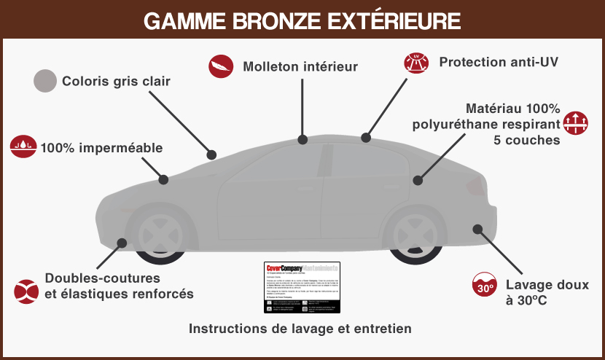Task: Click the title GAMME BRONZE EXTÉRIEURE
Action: tap(302, 20)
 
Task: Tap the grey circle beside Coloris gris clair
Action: tap(45, 81)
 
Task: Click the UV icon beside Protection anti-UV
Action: tap(417, 63)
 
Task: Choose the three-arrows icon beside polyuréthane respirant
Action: tap(576, 121)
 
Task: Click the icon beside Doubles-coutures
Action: tap(26, 290)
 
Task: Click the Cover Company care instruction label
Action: tap(302, 288)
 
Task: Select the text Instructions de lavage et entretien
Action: tap(300, 329)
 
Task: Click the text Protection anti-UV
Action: tap(499, 62)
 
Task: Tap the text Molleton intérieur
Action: tap(300, 66)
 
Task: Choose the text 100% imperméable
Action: tap(101, 148)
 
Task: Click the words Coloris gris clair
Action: tap(116, 81)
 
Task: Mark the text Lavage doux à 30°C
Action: tap(534, 291)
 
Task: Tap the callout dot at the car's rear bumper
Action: tap(477, 229)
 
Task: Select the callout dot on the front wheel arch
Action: tap(122, 243)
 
